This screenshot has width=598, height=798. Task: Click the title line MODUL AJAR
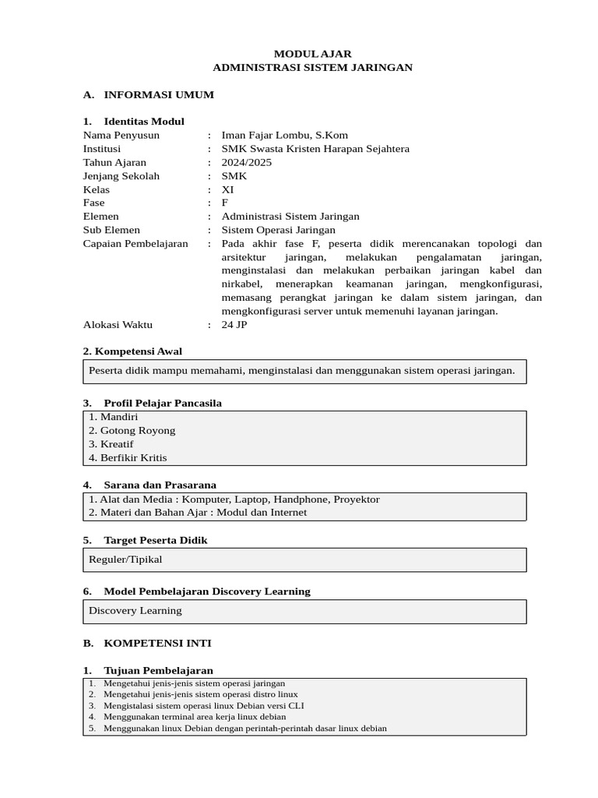tap(312, 54)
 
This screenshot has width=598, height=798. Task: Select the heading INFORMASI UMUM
tap(158, 94)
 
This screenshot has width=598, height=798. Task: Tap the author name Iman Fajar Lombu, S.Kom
tap(284, 135)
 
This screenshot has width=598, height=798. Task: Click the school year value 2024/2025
tap(247, 162)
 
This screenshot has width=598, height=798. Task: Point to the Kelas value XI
tap(227, 189)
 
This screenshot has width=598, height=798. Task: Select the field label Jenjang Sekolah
tap(121, 175)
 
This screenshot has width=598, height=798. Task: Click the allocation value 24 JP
tap(234, 324)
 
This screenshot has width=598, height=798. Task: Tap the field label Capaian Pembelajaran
tap(135, 243)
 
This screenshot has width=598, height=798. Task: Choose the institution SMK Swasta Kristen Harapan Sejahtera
tap(315, 148)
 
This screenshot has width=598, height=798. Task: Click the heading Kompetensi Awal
tap(138, 351)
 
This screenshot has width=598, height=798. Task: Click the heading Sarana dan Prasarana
tap(160, 485)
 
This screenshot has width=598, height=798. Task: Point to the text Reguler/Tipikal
tap(125, 559)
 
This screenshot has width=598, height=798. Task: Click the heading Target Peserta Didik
tap(155, 540)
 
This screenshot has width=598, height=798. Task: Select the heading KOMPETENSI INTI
tap(157, 643)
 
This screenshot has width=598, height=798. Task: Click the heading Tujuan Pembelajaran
tap(158, 670)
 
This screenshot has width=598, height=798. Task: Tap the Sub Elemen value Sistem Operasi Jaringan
tap(278, 230)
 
